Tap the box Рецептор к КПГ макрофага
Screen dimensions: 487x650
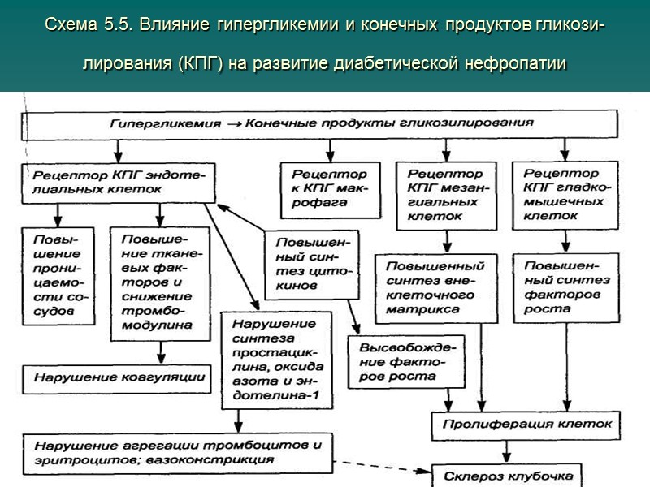click(329, 190)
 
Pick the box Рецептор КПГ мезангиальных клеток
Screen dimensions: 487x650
click(445, 196)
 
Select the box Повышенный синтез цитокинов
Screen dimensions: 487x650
click(305, 263)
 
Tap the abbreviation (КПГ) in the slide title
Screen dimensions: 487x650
click(195, 63)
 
